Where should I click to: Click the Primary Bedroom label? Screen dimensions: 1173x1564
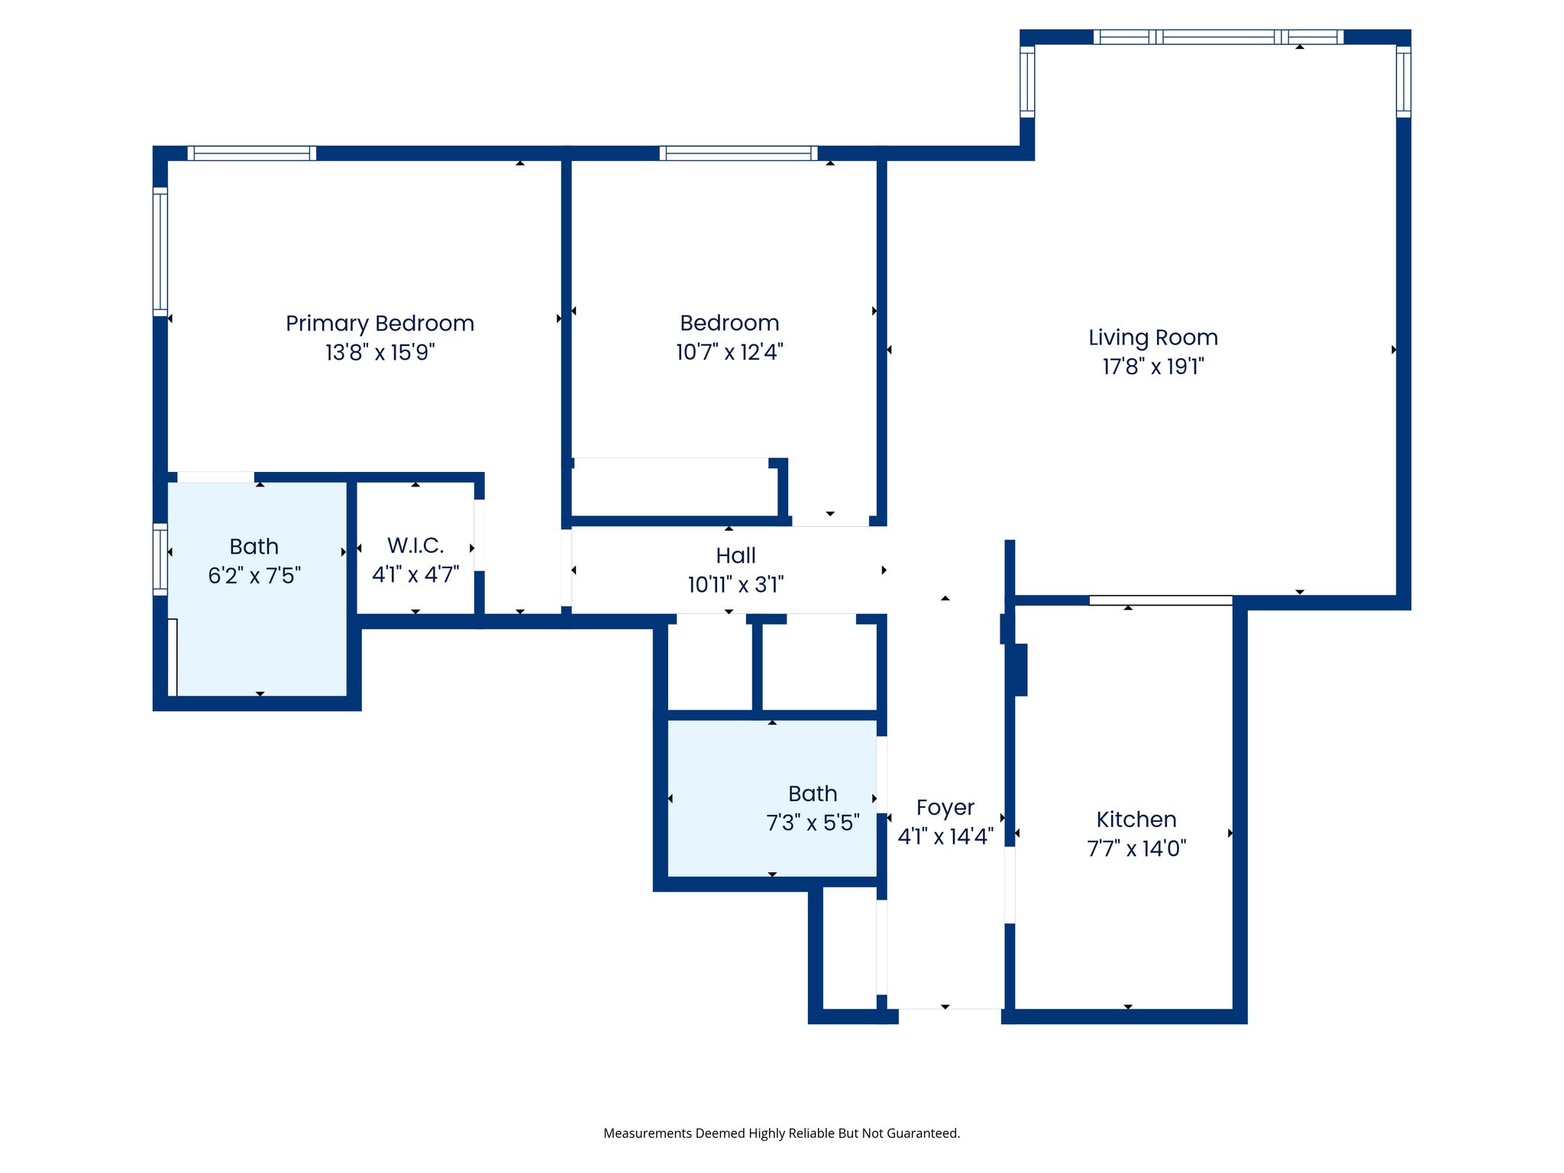[x=380, y=323]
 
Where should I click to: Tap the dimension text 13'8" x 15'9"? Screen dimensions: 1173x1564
[x=380, y=352]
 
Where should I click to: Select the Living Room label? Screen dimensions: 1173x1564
[x=1152, y=338]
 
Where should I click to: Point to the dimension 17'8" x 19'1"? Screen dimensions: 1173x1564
[x=1152, y=367]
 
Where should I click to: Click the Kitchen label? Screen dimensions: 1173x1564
[x=1136, y=819]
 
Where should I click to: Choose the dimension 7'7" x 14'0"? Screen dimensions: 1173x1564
[x=1136, y=848]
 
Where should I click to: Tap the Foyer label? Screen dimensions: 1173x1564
[x=945, y=807]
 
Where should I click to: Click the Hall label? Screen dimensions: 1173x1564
[x=735, y=555]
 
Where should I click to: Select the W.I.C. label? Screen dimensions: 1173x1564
[x=415, y=545]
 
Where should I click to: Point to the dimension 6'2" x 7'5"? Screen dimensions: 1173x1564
[x=254, y=575]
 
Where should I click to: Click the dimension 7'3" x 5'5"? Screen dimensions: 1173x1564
[x=813, y=822]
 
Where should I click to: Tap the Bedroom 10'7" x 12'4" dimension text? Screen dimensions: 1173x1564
[x=729, y=352]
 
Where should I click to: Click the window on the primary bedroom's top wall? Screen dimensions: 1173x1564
[x=252, y=153]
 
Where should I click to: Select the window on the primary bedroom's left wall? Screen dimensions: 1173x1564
[x=160, y=251]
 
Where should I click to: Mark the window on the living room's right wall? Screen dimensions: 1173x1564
[x=1403, y=81]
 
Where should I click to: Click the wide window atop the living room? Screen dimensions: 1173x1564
[x=1218, y=37]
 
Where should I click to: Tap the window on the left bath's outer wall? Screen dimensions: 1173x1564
[x=160, y=559]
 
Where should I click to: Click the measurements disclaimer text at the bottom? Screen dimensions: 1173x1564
[x=781, y=1133]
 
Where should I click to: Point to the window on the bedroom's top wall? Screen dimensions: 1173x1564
[x=738, y=153]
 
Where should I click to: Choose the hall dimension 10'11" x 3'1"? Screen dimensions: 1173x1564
[x=735, y=585]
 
